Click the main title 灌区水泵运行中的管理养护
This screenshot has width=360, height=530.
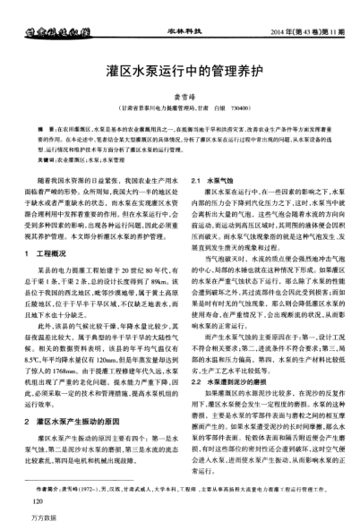[179, 68]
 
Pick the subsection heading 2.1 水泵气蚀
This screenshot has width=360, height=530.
[212, 205]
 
